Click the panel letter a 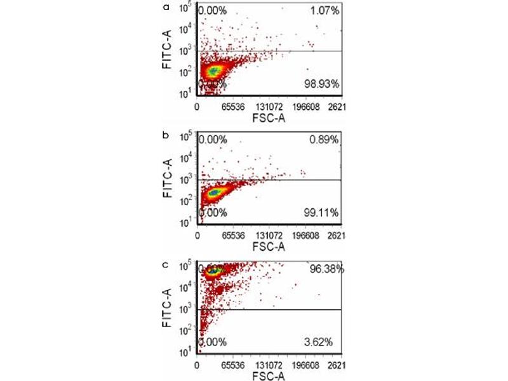[x=166, y=8]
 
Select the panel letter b [x=166, y=136]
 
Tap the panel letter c [x=166, y=264]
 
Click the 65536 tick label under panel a [x=233, y=108]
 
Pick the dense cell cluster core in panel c [x=215, y=271]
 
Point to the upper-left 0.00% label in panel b [x=213, y=140]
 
